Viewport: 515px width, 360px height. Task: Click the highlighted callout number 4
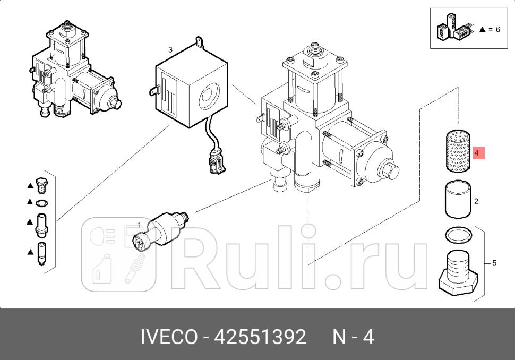(477, 153)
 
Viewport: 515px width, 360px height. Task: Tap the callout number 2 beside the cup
(476, 201)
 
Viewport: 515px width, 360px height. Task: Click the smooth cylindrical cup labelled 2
(456, 200)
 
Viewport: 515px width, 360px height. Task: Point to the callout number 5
(494, 263)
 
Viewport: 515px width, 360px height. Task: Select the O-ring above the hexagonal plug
(457, 233)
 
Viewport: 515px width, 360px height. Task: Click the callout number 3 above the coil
(170, 50)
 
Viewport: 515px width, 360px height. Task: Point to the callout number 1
(140, 225)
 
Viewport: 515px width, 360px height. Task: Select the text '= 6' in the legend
(494, 30)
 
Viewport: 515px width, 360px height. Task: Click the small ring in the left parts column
(41, 202)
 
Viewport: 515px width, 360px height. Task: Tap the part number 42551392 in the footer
(260, 337)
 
